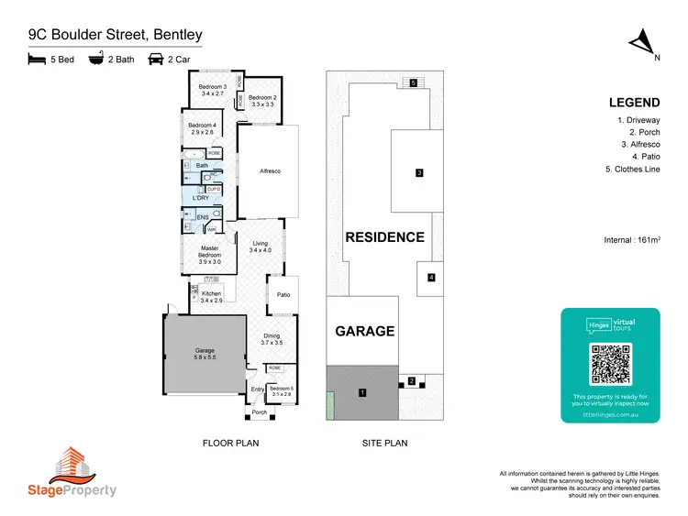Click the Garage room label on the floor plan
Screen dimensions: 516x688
point(204,352)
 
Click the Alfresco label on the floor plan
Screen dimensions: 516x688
point(269,171)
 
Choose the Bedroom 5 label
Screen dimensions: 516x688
point(282,390)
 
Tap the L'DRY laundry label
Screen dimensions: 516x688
point(202,198)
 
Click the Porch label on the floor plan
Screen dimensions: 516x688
point(260,412)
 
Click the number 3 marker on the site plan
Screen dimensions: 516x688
point(418,172)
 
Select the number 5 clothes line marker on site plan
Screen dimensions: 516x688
point(414,83)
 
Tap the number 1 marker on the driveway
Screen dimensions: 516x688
point(363,392)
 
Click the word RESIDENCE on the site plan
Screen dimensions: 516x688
point(384,237)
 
